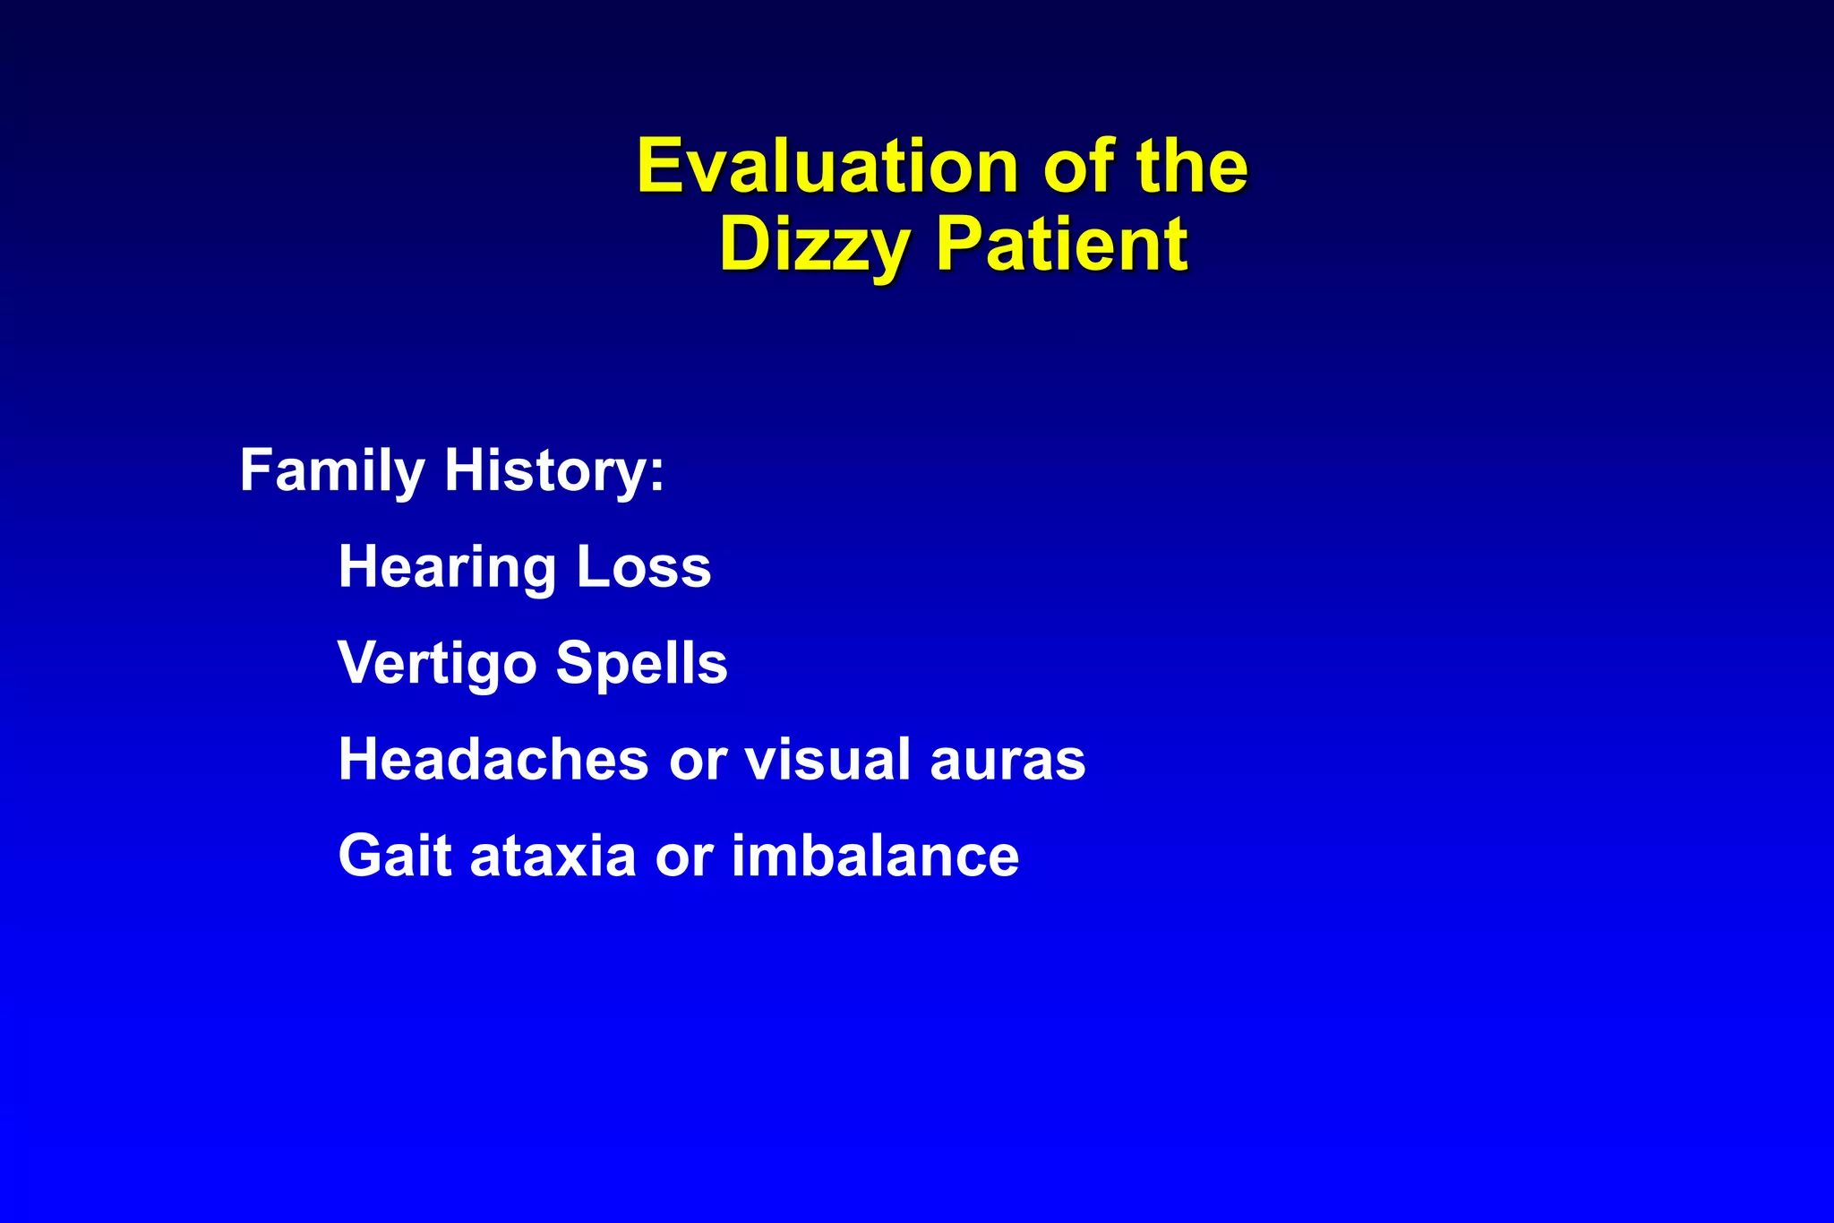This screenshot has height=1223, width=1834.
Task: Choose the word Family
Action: pyautogui.click(x=331, y=471)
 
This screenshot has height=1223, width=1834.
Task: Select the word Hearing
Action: pyautogui.click(x=447, y=568)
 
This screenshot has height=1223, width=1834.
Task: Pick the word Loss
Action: pyautogui.click(x=644, y=568)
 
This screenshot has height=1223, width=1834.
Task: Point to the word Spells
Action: pyautogui.click(x=641, y=664)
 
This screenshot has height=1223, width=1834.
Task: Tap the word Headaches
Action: pyautogui.click(x=493, y=760)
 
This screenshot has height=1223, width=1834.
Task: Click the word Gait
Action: pyautogui.click(x=394, y=856)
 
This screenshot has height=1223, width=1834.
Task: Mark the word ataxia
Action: pyautogui.click(x=553, y=856)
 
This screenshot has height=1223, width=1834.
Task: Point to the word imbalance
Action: pyautogui.click(x=875, y=856)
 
